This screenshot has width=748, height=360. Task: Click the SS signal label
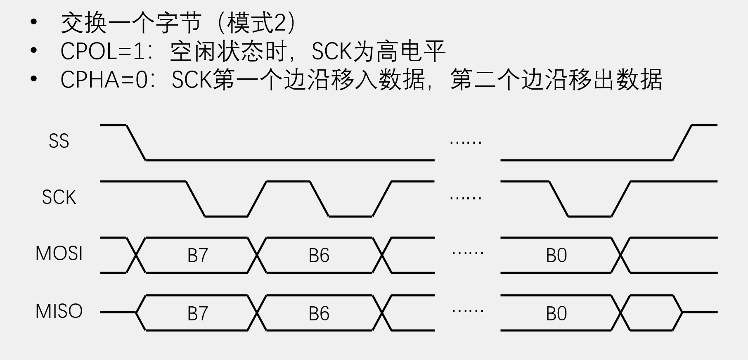[59, 141]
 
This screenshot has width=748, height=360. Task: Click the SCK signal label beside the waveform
[59, 197]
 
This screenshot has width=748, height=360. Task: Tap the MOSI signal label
[59, 253]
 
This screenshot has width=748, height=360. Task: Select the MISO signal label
[59, 311]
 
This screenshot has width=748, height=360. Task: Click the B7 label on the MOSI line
[197, 256]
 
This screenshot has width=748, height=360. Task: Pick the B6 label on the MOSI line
[319, 256]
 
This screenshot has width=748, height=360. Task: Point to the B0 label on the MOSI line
[556, 256]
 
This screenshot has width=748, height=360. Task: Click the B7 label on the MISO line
[197, 314]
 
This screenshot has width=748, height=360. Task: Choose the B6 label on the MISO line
[319, 314]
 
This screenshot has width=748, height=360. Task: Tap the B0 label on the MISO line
[556, 314]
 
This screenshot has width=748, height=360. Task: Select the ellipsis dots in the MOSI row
[468, 253]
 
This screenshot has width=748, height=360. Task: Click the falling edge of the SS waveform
[136, 142]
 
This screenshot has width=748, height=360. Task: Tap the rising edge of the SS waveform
[682, 142]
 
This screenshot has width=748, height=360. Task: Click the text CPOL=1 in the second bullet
[103, 52]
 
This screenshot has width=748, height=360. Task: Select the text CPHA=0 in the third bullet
[104, 80]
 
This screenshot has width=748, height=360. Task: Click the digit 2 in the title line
[280, 23]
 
